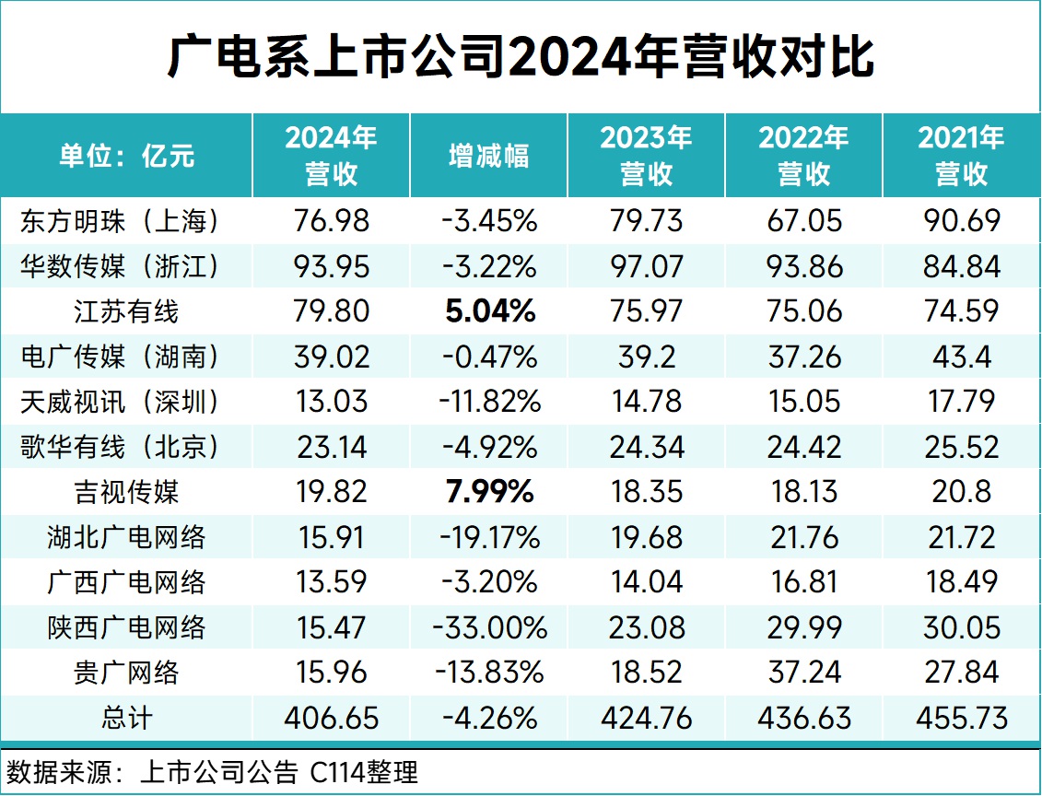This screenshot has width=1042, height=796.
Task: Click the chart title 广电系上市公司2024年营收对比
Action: pyautogui.click(x=521, y=58)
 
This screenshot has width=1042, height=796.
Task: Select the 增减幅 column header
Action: pyautogui.click(x=488, y=156)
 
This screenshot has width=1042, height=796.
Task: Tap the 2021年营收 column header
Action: pyautogui.click(x=961, y=156)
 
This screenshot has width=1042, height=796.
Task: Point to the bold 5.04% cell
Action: pyautogui.click(x=488, y=311)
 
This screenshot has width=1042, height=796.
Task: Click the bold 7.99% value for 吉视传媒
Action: pyautogui.click(x=488, y=492)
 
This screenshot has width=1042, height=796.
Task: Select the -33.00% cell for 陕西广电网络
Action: pyautogui.click(x=488, y=627)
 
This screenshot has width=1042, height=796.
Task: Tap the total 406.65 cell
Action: pyautogui.click(x=332, y=718)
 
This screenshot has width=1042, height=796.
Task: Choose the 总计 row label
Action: pyautogui.click(x=126, y=718)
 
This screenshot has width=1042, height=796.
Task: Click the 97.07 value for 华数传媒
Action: pyautogui.click(x=646, y=267)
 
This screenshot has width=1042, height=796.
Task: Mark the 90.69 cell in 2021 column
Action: pyautogui.click(x=961, y=221)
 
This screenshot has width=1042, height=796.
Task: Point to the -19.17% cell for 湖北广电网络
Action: pyautogui.click(x=488, y=537)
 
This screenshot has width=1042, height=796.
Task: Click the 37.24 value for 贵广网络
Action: pyautogui.click(x=803, y=673)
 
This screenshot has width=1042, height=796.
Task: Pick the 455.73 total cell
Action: pyautogui.click(x=961, y=718)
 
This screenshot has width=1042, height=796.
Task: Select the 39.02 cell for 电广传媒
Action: pyautogui.click(x=332, y=357)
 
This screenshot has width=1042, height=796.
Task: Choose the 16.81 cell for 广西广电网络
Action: pyautogui.click(x=803, y=582)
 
